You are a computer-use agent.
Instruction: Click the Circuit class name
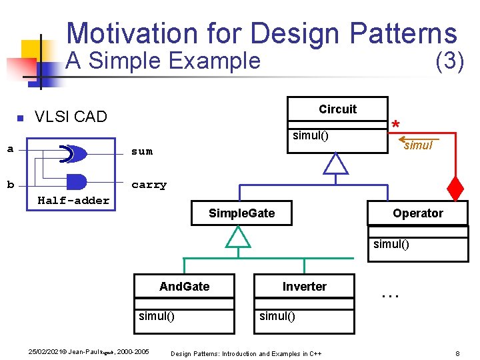click(337, 109)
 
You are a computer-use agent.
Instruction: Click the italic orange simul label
click(418, 145)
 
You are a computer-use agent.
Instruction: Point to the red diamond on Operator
click(455, 190)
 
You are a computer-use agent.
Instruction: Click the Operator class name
click(417, 213)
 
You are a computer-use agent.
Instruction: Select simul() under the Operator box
click(391, 244)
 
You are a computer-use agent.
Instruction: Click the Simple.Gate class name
click(241, 213)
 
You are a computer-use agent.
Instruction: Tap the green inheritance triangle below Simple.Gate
click(238, 237)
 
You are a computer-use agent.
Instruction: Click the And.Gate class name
click(184, 287)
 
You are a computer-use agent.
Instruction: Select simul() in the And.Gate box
click(157, 316)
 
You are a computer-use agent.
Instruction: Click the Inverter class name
click(304, 287)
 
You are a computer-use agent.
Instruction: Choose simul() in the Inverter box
click(277, 316)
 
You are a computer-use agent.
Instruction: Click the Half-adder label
click(73, 200)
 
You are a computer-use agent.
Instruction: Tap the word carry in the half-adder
click(149, 185)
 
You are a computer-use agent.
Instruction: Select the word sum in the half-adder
click(142, 151)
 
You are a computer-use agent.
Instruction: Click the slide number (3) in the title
click(449, 61)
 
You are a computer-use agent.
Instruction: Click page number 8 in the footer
click(457, 353)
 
